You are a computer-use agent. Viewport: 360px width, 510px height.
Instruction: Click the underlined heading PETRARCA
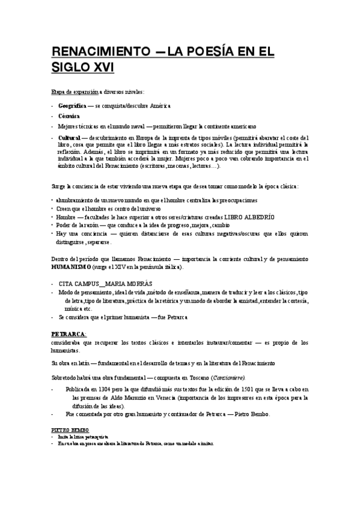[x=69, y=333]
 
